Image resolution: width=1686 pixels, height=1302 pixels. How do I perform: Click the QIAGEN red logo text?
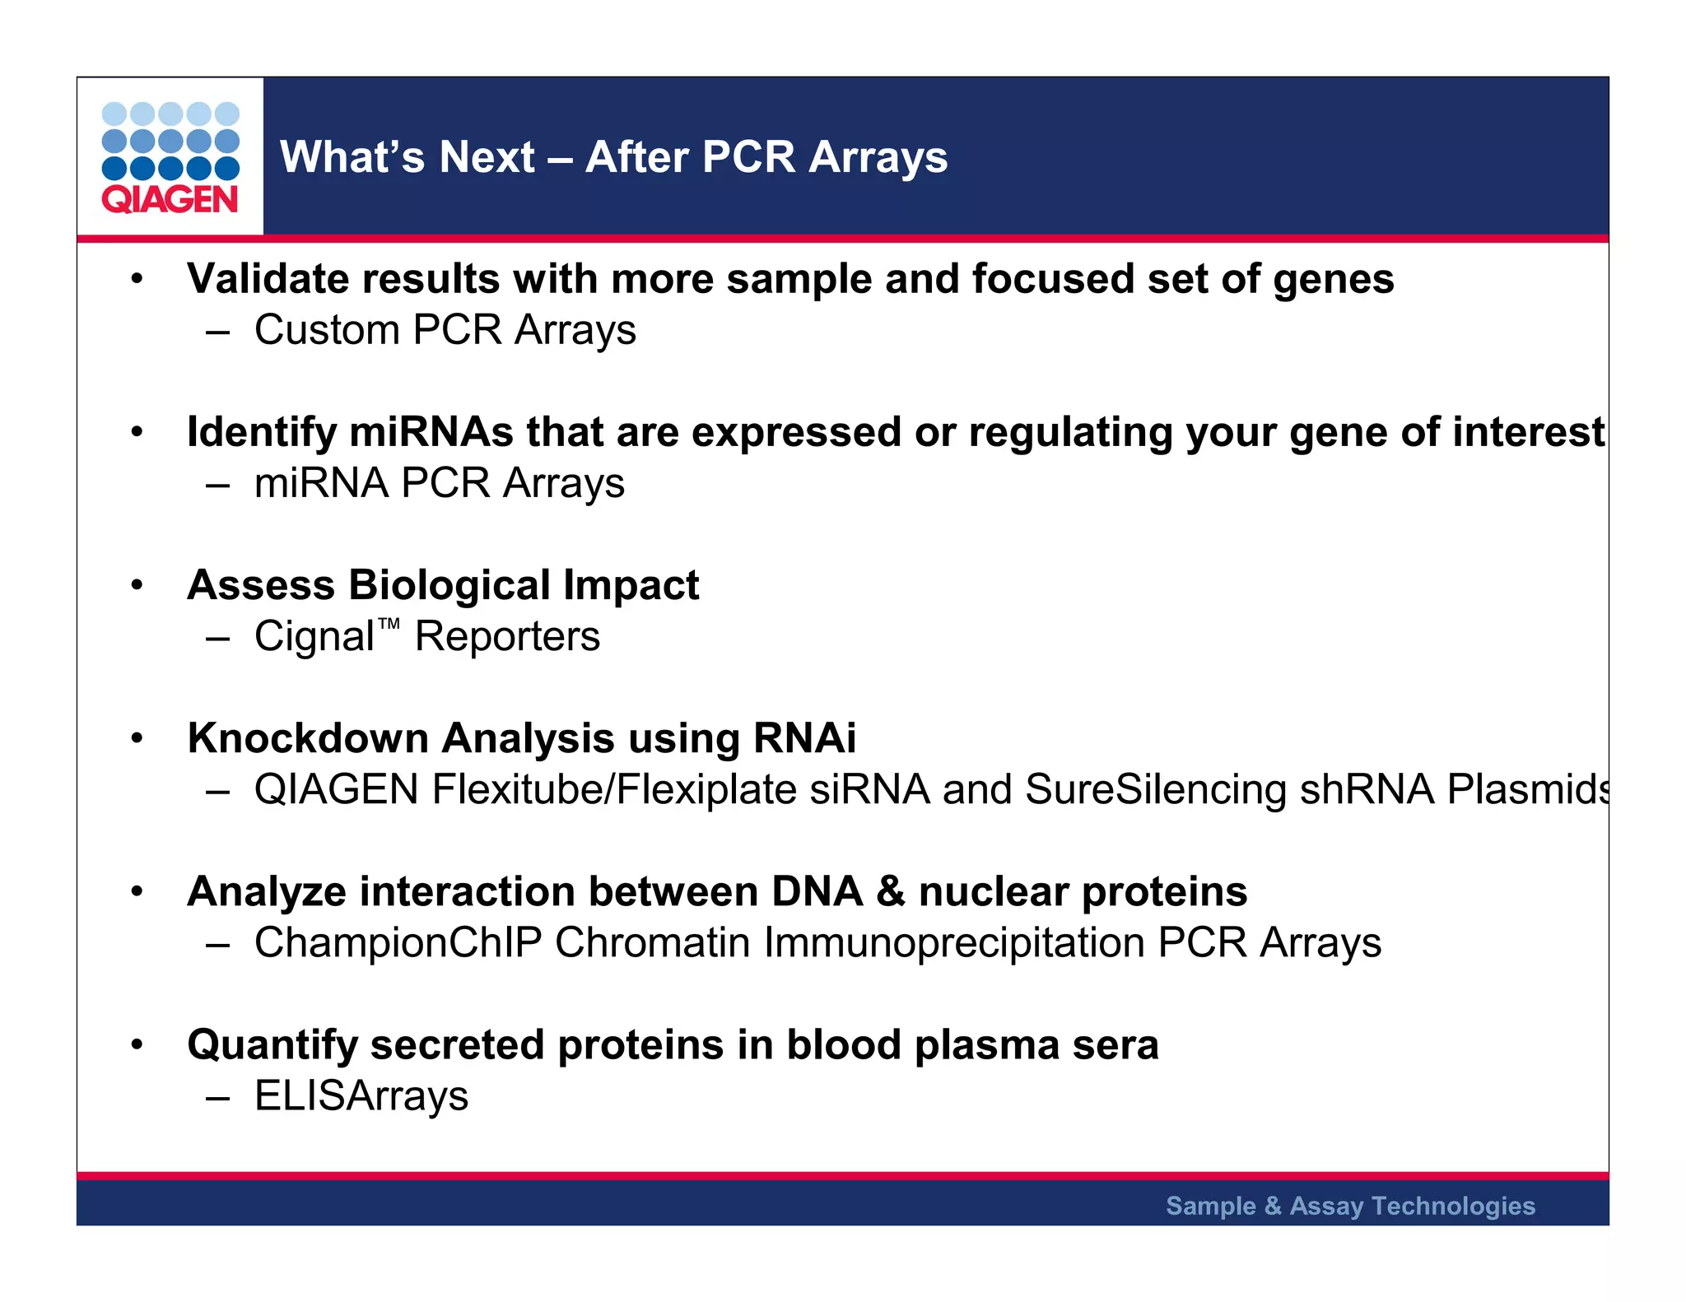tap(170, 200)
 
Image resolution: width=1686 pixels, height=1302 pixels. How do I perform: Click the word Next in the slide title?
tap(487, 157)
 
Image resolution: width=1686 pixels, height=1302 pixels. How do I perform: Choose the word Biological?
tap(449, 585)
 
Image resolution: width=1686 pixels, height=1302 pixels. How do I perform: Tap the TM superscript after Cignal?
tap(389, 625)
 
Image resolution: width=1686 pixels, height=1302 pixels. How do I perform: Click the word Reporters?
tap(507, 637)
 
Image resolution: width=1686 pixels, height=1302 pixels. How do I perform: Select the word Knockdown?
tap(307, 738)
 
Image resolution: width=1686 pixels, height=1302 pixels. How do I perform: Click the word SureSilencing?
tap(1156, 790)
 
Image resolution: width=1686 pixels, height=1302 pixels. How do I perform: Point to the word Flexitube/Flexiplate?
tap(614, 790)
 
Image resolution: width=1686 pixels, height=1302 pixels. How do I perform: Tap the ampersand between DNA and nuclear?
tap(890, 892)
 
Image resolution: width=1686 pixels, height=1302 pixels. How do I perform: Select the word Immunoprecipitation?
tap(953, 943)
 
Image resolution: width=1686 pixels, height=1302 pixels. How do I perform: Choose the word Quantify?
tap(272, 1045)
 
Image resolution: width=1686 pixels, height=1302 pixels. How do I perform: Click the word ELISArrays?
tap(361, 1096)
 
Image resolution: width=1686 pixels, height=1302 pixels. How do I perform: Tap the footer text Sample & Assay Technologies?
tap(1350, 1206)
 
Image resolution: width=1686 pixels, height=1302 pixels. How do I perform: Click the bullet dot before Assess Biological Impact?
tap(137, 586)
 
